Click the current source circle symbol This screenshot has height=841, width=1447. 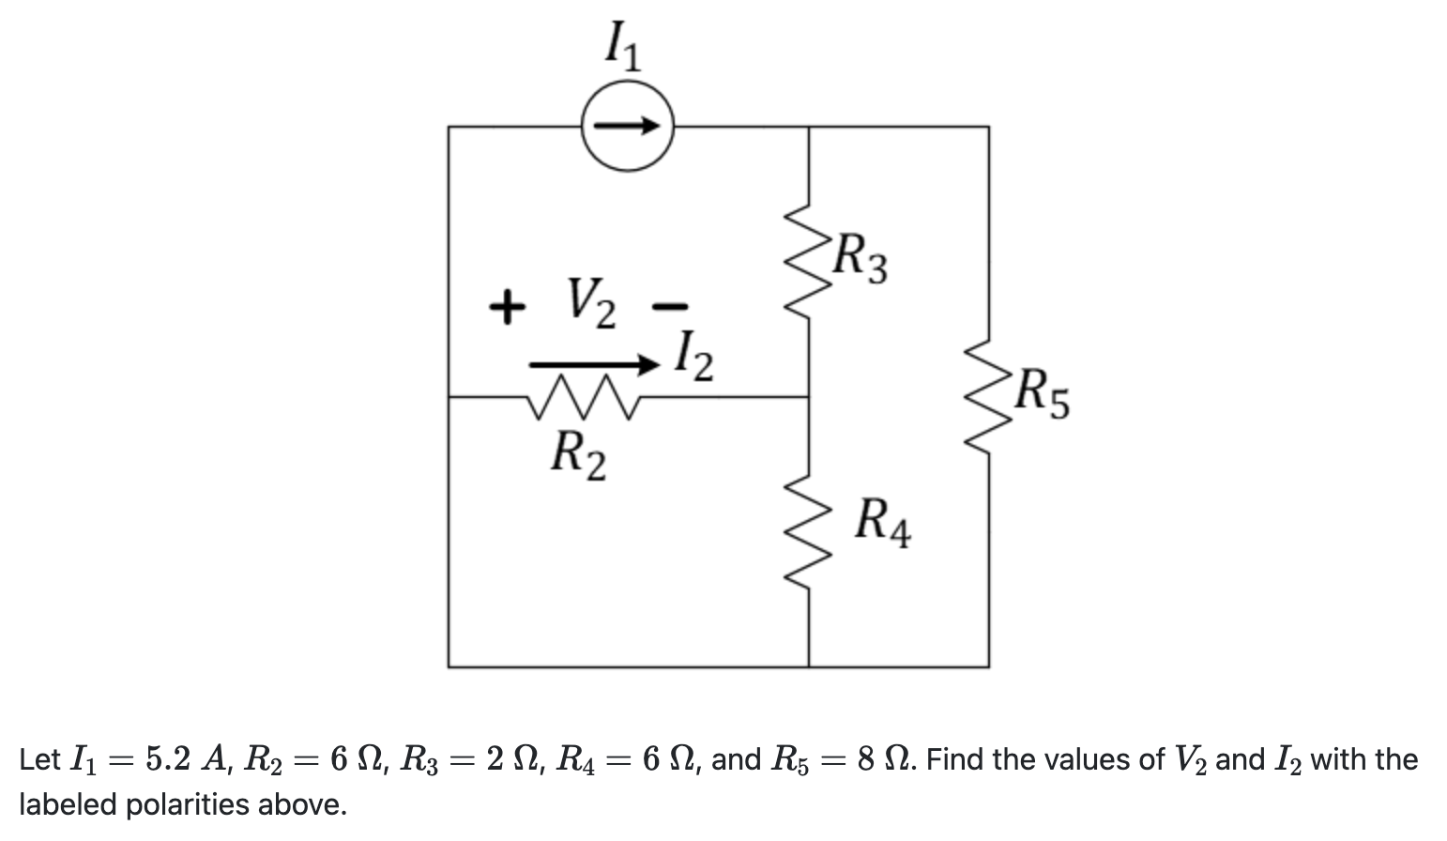tap(627, 126)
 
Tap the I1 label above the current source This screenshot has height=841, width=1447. tap(622, 47)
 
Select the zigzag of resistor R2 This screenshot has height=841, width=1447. tap(583, 396)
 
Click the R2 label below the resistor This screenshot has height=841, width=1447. tap(577, 454)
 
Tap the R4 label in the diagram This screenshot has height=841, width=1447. tap(882, 524)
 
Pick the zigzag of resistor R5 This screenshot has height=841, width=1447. tap(987, 396)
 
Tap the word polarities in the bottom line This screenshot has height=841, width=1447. tap(191, 804)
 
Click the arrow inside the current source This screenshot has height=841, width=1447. tap(627, 126)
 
